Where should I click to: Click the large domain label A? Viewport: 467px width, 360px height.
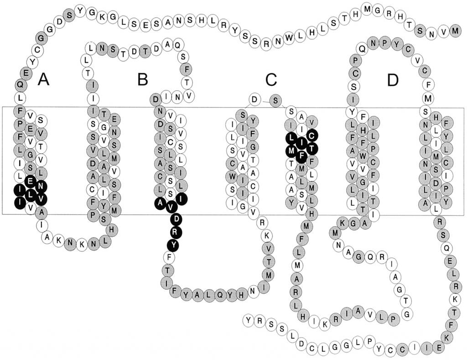43,80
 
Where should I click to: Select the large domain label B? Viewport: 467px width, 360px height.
143,80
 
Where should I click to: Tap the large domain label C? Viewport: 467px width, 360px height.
271,80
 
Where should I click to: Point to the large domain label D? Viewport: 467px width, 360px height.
393,80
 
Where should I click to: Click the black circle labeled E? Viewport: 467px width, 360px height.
30,180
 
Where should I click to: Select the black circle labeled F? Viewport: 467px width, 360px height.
301,155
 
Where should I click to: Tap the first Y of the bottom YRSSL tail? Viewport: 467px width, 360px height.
249,320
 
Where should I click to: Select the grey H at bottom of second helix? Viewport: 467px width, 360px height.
112,230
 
